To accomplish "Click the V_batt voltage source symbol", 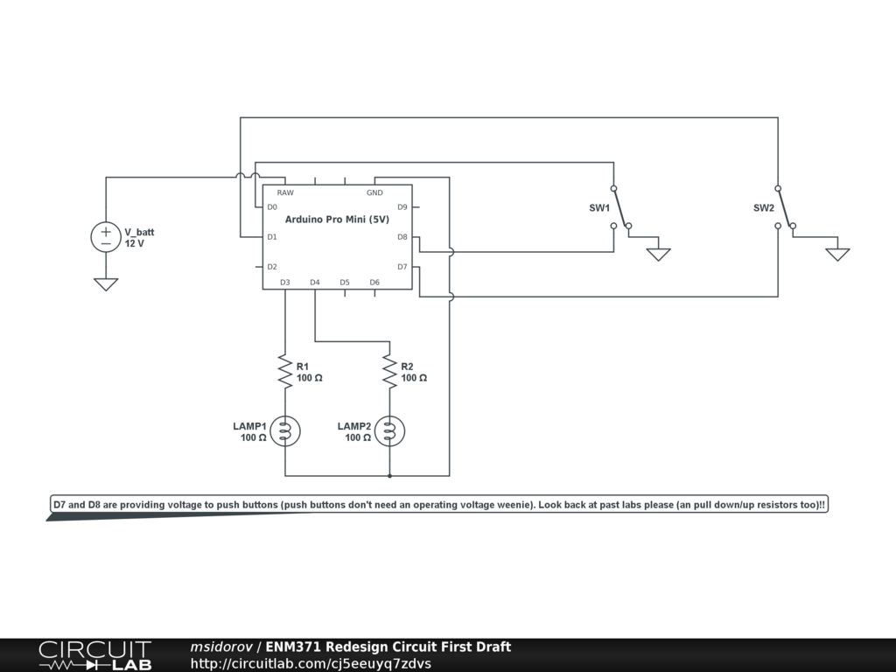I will tap(106, 237).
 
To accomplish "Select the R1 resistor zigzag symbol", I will tap(284, 371).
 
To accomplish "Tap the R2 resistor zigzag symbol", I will tap(389, 371).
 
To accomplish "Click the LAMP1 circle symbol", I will tap(284, 430).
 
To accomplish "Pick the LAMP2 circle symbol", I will tap(389, 430).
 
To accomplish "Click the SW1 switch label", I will tap(599, 208).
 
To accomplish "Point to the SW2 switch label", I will tap(764, 208).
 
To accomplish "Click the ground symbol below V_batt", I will tap(106, 283).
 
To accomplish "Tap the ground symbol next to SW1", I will tap(658, 254).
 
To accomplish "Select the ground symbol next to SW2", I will tap(837, 254).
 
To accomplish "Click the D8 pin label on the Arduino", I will tap(402, 237).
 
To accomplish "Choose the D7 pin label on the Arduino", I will tap(402, 267).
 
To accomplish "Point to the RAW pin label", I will tap(285, 192).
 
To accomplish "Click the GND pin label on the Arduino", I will tap(374, 192).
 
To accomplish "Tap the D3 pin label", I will tap(285, 282).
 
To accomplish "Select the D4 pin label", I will tap(315, 282).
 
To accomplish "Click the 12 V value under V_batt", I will tap(135, 244).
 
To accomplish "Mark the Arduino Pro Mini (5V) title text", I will tap(337, 220).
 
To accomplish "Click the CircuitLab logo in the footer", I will tap(94, 655).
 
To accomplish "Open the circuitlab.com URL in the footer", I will tap(311, 663).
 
